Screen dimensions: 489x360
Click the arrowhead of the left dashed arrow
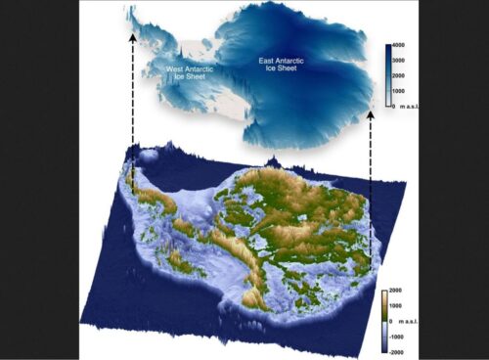click(132, 34)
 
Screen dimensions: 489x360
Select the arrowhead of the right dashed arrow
click(371, 114)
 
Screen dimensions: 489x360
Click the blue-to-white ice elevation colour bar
click(389, 72)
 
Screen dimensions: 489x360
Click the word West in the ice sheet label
click(174, 69)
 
